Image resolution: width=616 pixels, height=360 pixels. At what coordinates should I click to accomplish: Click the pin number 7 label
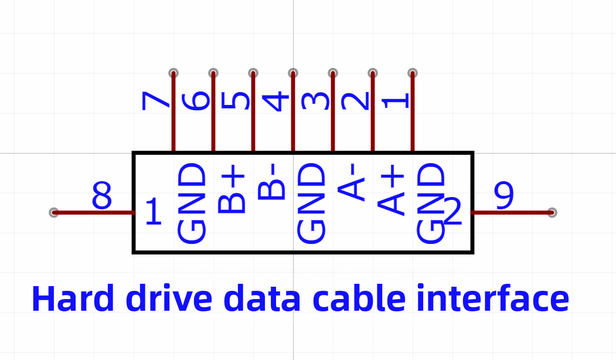[155, 101]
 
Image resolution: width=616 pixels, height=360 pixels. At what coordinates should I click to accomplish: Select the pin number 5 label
[236, 100]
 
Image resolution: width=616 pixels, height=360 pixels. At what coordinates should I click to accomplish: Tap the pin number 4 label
[276, 101]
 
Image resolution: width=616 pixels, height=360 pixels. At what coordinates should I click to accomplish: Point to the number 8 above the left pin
[102, 195]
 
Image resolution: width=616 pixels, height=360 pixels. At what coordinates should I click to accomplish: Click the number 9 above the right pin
[503, 195]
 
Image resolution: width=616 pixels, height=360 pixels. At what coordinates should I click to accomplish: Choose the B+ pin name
[232, 189]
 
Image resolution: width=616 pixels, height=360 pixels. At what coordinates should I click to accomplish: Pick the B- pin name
[271, 182]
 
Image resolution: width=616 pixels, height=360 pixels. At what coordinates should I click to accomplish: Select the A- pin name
[351, 182]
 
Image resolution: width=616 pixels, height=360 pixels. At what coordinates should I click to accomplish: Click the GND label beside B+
[192, 203]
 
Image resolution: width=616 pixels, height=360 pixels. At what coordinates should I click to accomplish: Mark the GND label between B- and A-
[312, 203]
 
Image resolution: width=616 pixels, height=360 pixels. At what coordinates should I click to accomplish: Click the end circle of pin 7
[173, 73]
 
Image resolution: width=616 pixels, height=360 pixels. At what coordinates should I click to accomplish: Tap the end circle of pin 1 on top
[413, 73]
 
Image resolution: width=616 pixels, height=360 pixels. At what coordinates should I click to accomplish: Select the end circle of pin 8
[54, 213]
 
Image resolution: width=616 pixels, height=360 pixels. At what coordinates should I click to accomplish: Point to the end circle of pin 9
[552, 213]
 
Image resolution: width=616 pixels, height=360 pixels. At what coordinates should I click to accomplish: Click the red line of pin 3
[333, 112]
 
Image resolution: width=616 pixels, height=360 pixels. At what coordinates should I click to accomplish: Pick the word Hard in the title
[73, 298]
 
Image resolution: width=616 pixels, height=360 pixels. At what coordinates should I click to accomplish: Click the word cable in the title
[359, 298]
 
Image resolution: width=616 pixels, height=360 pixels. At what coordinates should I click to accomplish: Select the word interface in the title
[493, 298]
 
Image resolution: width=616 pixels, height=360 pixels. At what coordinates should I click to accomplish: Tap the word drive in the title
[169, 298]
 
